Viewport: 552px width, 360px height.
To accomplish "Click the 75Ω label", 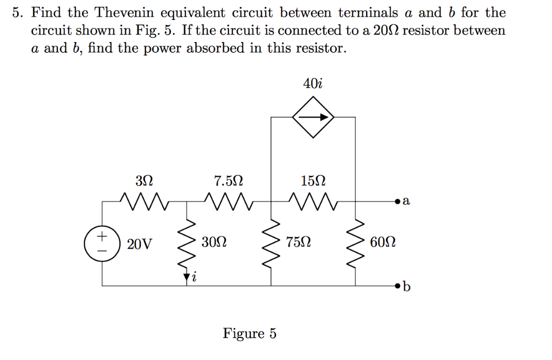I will [x=299, y=242].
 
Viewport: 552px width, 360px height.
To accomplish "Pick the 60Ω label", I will [x=383, y=242].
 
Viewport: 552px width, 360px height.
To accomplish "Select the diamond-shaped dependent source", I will [x=313, y=117].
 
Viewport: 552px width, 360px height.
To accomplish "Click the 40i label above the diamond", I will [x=313, y=84].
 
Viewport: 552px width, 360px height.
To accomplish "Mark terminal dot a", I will [x=398, y=202].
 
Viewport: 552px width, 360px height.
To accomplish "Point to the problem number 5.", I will [x=18, y=12].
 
